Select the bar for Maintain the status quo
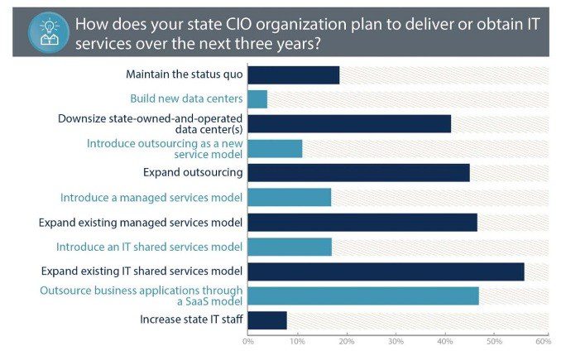[x=293, y=74]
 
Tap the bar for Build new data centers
[x=257, y=99]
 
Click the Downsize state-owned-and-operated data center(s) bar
[x=349, y=124]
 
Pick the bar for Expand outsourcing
[x=358, y=173]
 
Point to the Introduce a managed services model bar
[x=289, y=198]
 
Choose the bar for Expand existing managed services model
[x=362, y=222]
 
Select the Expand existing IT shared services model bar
[x=386, y=271]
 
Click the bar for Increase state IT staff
[x=267, y=320]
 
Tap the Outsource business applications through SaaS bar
[x=363, y=295]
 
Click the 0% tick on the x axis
[x=247, y=341]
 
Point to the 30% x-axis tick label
[x=396, y=341]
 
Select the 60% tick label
[x=543, y=341]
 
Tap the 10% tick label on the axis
[x=296, y=341]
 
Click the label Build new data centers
[x=186, y=99]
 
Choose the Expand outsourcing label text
[x=193, y=173]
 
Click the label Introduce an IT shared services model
[x=149, y=247]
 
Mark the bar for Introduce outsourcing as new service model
[x=275, y=149]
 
